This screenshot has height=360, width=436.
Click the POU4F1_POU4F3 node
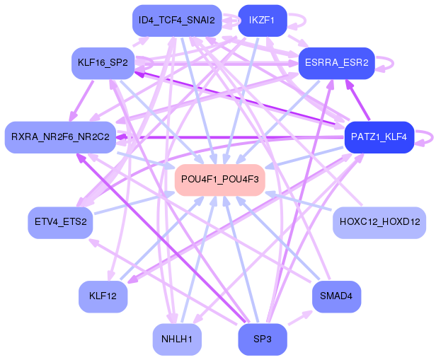220,180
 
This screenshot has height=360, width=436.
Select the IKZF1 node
263,21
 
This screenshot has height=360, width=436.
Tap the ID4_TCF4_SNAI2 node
177,21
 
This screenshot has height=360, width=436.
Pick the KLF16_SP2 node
103,63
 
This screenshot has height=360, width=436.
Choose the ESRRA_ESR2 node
337,63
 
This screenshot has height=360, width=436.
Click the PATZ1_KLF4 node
379,137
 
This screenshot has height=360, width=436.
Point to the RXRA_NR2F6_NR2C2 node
60,137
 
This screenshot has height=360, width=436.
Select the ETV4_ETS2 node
60,222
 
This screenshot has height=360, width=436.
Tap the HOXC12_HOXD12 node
379,222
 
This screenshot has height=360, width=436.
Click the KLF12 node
103,296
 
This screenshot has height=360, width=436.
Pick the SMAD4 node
336,296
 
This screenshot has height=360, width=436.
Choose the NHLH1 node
177,339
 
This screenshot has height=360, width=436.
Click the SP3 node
263,339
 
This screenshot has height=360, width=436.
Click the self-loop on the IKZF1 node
305,21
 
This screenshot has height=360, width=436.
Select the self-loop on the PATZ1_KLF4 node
432,137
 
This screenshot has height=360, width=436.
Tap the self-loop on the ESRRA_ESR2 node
393,63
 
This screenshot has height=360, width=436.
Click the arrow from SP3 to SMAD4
300,318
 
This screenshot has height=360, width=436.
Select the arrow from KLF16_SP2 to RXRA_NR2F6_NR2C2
81,100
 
